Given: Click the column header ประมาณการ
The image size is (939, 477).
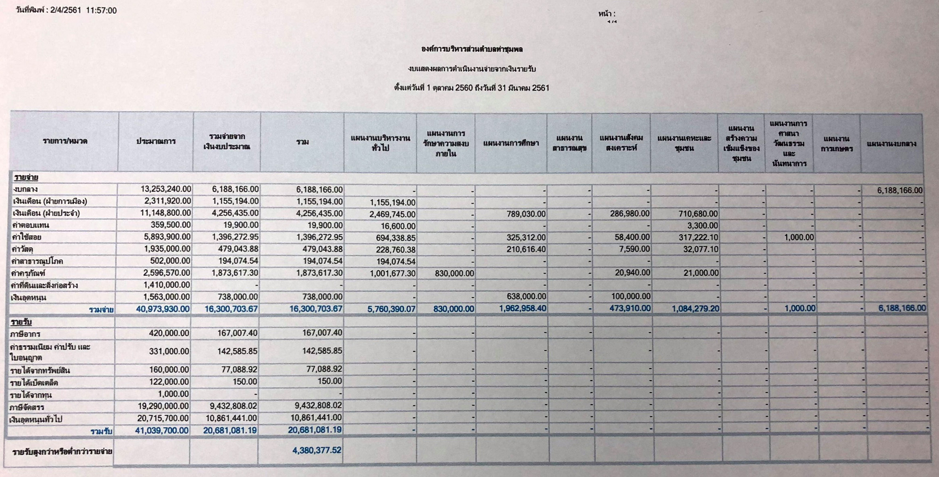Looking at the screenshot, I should tap(155, 142).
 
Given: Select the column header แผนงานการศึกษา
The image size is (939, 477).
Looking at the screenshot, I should tap(511, 143).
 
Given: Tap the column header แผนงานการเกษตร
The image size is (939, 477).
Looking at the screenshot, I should tap(836, 144).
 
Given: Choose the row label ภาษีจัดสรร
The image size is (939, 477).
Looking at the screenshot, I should tap(27, 407).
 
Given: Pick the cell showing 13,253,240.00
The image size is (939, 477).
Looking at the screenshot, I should tap(165, 189).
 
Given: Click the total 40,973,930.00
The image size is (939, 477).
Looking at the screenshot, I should tap(162, 309).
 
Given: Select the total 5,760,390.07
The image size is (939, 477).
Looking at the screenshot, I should tap(391, 309).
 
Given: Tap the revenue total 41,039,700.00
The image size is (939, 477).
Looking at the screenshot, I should tap(161, 431).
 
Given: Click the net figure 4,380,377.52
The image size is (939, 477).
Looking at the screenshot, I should tap(317, 450).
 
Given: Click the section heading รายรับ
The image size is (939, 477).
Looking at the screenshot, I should tap(21, 322).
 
